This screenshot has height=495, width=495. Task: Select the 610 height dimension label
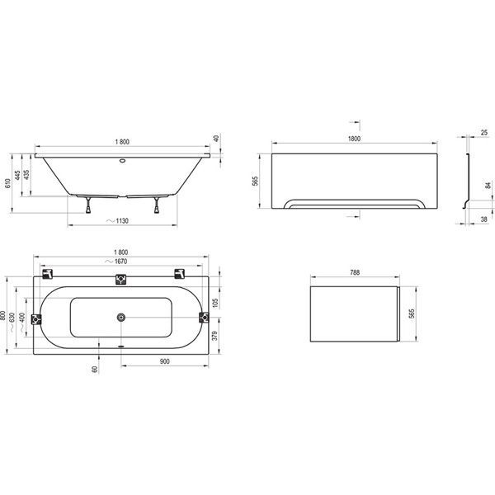(x=7, y=183)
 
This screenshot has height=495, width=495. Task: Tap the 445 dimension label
(x=17, y=175)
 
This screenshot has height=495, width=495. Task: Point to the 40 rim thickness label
(x=216, y=139)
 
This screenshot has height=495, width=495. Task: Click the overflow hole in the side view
(x=122, y=160)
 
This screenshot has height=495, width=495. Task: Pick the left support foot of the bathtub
(x=88, y=205)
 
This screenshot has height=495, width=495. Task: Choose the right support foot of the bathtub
(x=157, y=205)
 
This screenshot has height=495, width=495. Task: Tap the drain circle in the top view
(x=121, y=318)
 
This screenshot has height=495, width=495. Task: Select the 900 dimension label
(x=164, y=361)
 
